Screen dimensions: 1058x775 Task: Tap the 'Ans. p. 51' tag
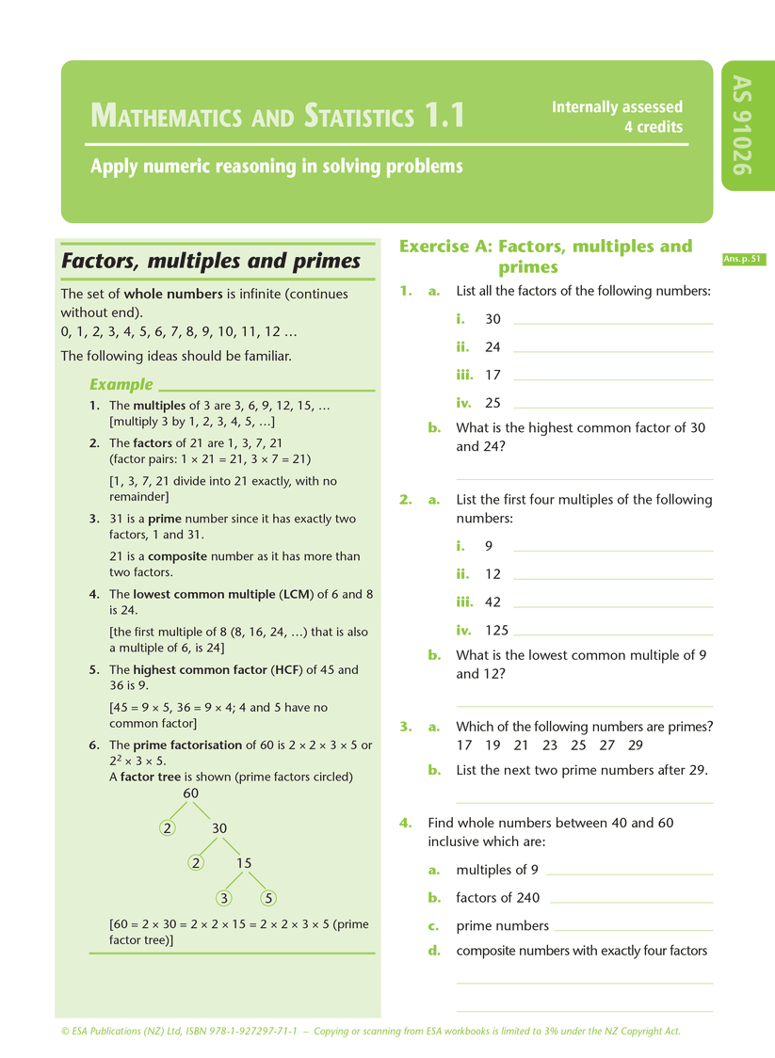pyautogui.click(x=743, y=259)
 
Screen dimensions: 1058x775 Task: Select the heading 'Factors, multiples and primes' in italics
pyautogui.click(x=211, y=261)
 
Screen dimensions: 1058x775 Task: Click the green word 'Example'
pyautogui.click(x=121, y=384)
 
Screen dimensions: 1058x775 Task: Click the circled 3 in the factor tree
pyautogui.click(x=224, y=898)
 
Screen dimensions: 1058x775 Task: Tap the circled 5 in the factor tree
pyautogui.click(x=269, y=898)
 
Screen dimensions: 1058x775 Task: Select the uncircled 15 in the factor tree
pyautogui.click(x=243, y=863)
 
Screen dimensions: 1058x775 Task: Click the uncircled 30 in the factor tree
pyautogui.click(x=219, y=828)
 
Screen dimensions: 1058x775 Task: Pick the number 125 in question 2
pyautogui.click(x=495, y=631)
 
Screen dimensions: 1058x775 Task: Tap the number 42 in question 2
pyautogui.click(x=492, y=602)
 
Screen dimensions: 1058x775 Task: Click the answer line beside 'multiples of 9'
pyautogui.click(x=629, y=874)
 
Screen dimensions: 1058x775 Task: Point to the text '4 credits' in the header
pyautogui.click(x=654, y=127)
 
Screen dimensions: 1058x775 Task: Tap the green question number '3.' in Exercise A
pyautogui.click(x=406, y=727)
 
